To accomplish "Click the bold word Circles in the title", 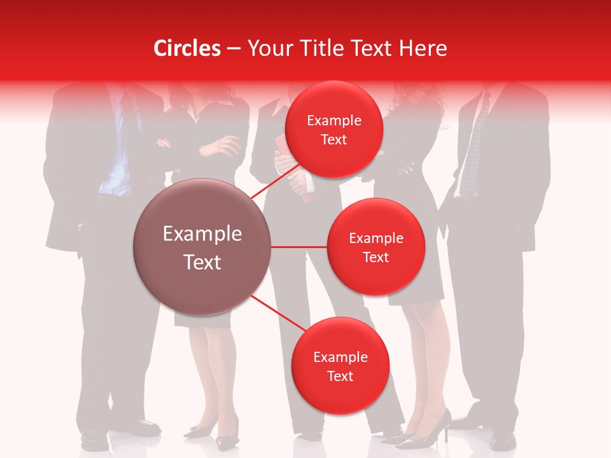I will click(x=186, y=48).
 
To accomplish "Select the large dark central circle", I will click(x=202, y=247).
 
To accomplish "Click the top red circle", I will click(x=334, y=129).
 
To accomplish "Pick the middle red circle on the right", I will click(x=376, y=247).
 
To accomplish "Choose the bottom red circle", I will click(x=340, y=366).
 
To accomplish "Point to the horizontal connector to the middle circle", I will click(x=299, y=247).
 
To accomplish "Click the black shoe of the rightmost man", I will click(x=503, y=439).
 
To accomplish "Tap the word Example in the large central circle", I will click(x=202, y=234).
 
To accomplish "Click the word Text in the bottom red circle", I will click(x=340, y=376).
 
